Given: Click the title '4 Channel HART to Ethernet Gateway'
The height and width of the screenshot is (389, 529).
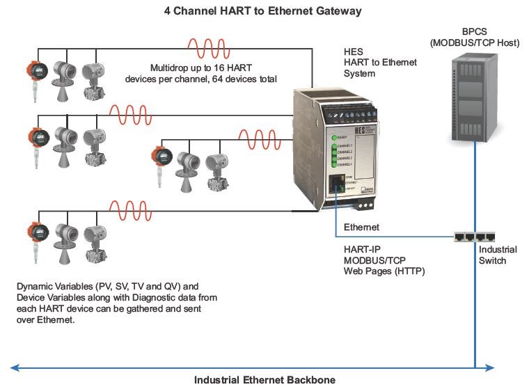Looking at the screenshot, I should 262,11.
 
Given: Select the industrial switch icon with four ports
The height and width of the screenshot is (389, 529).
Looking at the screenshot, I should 475,237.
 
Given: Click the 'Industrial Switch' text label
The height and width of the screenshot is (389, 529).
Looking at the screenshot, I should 492,255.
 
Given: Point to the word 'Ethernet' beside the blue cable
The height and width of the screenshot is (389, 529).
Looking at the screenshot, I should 361,227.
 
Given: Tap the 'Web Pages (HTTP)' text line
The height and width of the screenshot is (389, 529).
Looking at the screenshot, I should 384,271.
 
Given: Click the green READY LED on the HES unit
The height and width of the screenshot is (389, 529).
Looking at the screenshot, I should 334,137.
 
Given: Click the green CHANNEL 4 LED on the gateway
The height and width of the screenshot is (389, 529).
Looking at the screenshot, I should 334,164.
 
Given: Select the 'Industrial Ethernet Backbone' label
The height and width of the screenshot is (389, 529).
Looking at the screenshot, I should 264,379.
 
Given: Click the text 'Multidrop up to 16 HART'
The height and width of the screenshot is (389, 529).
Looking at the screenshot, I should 200,68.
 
